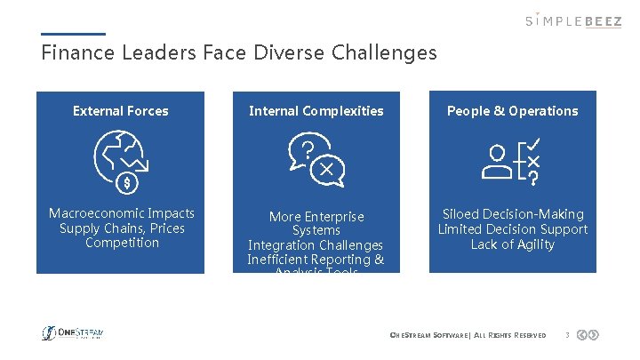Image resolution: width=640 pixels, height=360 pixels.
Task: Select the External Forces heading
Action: point(120,111)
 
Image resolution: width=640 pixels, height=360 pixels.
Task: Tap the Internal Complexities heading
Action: point(316,111)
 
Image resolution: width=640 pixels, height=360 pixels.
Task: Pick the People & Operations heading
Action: point(512,111)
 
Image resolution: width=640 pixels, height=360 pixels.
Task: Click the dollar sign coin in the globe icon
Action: point(127,183)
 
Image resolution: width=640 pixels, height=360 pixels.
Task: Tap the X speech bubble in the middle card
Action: point(327,169)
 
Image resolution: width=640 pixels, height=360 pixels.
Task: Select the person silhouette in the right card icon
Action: point(498,163)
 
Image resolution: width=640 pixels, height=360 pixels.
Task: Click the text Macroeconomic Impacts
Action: point(122,213)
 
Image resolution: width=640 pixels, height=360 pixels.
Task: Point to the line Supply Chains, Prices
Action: point(122,228)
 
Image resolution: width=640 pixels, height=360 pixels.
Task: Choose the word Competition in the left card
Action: point(122,243)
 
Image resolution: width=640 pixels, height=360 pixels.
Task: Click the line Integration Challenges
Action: point(316,245)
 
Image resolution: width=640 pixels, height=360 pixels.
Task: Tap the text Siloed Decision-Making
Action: point(513,214)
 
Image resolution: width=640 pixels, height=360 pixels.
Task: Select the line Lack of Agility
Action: point(513,244)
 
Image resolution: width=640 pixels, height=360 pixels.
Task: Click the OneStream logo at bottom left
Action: point(73,333)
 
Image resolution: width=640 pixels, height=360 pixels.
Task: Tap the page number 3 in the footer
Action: point(566,335)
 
